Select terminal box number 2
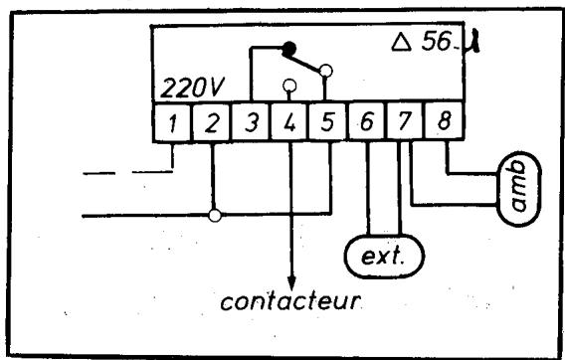click(x=212, y=124)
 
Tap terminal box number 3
click(x=251, y=124)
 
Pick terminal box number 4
click(x=289, y=124)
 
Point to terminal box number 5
click(x=328, y=124)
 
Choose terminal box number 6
click(x=368, y=124)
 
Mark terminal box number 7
click(x=406, y=124)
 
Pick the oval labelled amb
click(x=514, y=184)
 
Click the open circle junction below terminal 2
click(x=214, y=214)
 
